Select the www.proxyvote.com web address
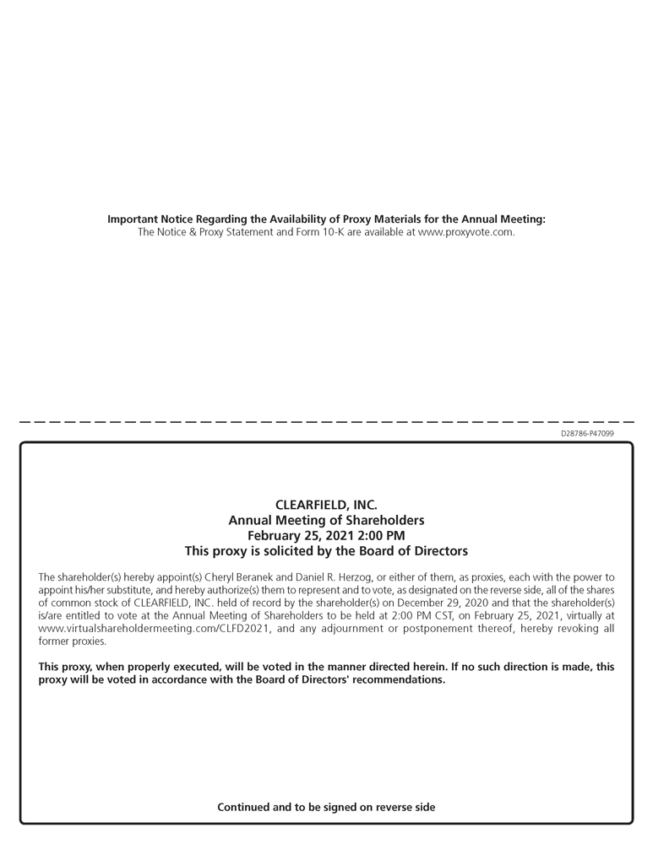[x=466, y=232]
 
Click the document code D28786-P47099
[x=587, y=434]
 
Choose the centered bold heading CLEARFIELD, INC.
[x=326, y=505]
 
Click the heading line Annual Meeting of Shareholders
[x=326, y=520]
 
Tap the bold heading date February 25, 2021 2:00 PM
[x=326, y=535]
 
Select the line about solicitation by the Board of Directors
[x=326, y=550]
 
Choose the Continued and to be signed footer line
[x=326, y=807]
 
